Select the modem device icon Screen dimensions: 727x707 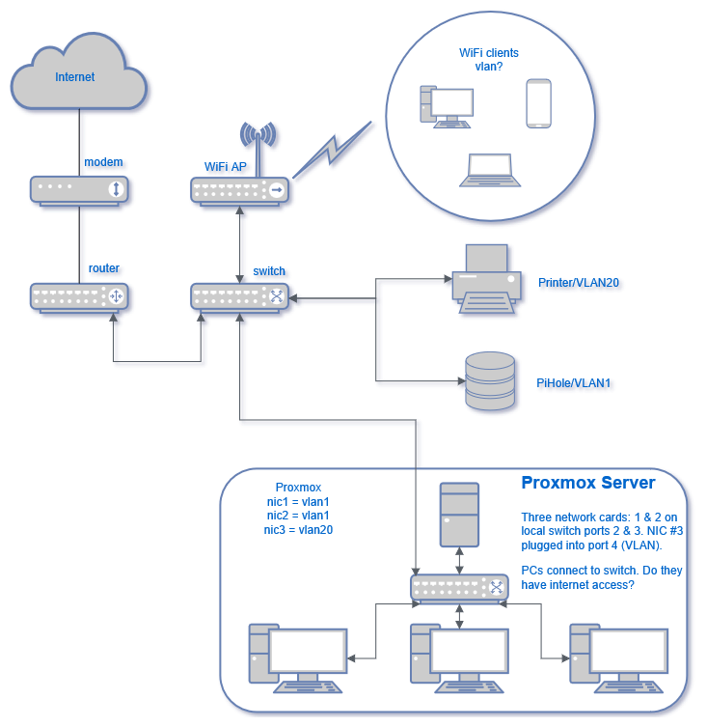point(80,189)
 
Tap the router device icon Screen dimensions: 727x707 point(80,296)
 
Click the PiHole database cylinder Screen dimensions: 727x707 point(490,380)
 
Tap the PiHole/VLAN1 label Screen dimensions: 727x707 point(574,383)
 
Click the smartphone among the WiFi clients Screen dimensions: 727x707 point(539,103)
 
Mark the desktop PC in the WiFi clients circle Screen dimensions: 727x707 point(447,106)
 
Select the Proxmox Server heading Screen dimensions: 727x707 point(587,483)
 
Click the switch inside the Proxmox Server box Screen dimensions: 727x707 point(459,587)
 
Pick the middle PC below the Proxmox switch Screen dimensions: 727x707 point(457,658)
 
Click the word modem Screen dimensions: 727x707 point(103,161)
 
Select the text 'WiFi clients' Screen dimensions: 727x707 point(489,54)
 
